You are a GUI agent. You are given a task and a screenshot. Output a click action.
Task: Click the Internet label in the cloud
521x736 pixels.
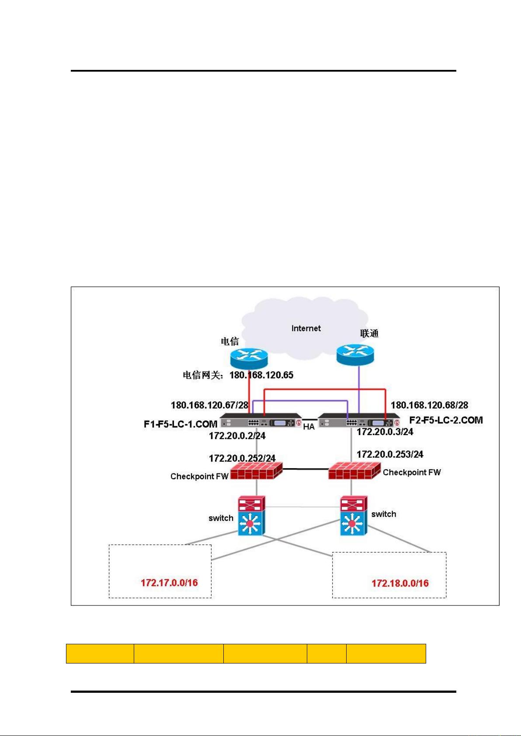306,328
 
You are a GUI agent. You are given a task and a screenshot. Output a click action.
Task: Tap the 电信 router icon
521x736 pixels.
249,359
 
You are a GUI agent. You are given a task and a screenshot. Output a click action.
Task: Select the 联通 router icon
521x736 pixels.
355,354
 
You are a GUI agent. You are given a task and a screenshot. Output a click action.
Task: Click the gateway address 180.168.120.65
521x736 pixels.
261,375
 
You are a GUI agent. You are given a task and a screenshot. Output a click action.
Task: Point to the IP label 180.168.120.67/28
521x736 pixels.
209,405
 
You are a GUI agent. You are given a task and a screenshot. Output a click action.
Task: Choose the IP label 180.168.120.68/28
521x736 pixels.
429,405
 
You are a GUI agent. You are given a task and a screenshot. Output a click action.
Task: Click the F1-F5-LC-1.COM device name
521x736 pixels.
181,424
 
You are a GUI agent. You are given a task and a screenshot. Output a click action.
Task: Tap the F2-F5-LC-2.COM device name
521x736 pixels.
446,420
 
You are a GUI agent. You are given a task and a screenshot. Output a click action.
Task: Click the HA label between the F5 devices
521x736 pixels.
309,427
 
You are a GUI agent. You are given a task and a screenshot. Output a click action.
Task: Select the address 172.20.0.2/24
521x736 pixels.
237,436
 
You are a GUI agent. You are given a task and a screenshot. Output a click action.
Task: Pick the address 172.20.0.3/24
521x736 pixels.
385,432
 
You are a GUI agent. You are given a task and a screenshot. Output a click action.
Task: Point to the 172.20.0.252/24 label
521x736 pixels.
242,458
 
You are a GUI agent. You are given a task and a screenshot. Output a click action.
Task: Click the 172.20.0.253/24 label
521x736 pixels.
390,454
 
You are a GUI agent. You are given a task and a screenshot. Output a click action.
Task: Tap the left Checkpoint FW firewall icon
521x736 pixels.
257,470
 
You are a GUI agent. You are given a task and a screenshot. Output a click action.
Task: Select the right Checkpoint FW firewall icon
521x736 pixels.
354,470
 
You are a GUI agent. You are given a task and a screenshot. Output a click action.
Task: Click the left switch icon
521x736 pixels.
251,515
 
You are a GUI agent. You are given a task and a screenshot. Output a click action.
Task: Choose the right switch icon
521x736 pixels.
353,515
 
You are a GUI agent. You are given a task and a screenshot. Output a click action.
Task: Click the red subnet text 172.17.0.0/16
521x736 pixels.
169,583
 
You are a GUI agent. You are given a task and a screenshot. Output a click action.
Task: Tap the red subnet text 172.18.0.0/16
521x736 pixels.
400,583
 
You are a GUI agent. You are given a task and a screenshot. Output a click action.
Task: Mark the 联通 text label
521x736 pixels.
369,334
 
